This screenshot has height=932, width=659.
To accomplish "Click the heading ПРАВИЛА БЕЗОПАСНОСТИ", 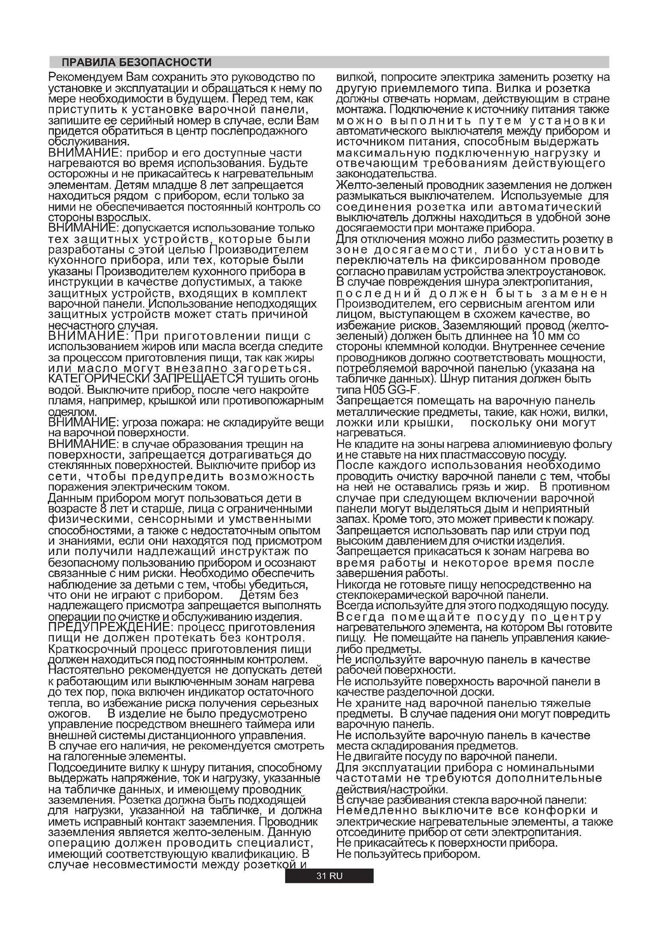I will [136, 63].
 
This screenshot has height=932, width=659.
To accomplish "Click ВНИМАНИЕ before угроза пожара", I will [83, 422].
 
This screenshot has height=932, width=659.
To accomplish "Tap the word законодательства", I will [386, 174].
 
